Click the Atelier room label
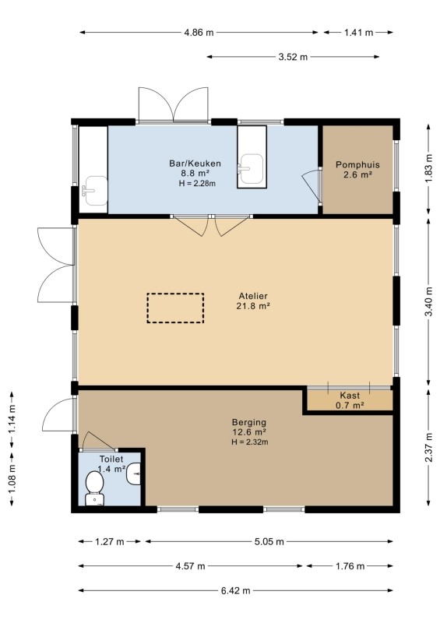coord(253,296)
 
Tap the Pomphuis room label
coord(357,164)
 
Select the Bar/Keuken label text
coord(195,164)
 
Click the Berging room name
coord(249,422)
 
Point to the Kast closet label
coord(350,396)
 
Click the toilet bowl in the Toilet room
coord(94,488)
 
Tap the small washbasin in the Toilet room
coord(134,474)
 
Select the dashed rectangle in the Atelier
coord(175,308)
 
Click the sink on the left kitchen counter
coord(94,191)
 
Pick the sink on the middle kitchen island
coord(251,169)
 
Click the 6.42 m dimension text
coord(236,590)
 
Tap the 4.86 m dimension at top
coord(199,33)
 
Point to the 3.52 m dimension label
coord(293,57)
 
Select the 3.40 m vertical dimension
coord(428,302)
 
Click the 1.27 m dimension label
coord(110,541)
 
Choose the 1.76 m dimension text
coord(350,566)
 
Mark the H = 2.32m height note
coord(250,442)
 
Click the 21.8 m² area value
coord(253,306)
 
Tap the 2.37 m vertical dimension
coord(428,447)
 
